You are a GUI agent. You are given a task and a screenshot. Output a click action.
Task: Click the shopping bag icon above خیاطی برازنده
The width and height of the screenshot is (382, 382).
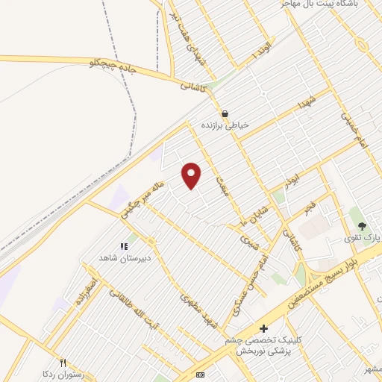(224, 114)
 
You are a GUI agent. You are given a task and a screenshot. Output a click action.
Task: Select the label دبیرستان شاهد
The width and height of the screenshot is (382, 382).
(125, 257)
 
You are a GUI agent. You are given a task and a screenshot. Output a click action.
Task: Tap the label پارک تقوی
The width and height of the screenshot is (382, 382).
(366, 237)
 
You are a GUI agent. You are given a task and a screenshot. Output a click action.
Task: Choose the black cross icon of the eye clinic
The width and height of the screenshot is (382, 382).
(263, 328)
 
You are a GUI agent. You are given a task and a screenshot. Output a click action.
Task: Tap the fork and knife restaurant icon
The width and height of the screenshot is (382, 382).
(63, 363)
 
